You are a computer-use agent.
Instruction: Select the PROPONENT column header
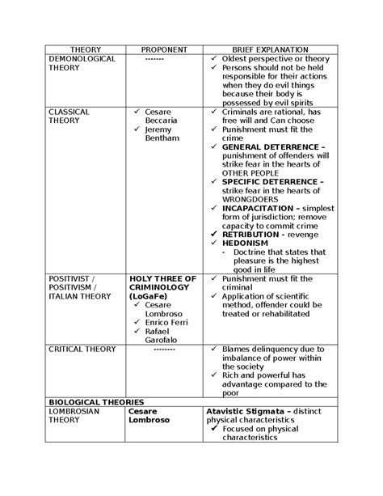point(164,49)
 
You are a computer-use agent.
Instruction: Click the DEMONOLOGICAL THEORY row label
point(82,64)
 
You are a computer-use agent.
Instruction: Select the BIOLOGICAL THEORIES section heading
point(97,401)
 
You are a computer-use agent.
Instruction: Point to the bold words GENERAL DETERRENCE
point(269,146)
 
